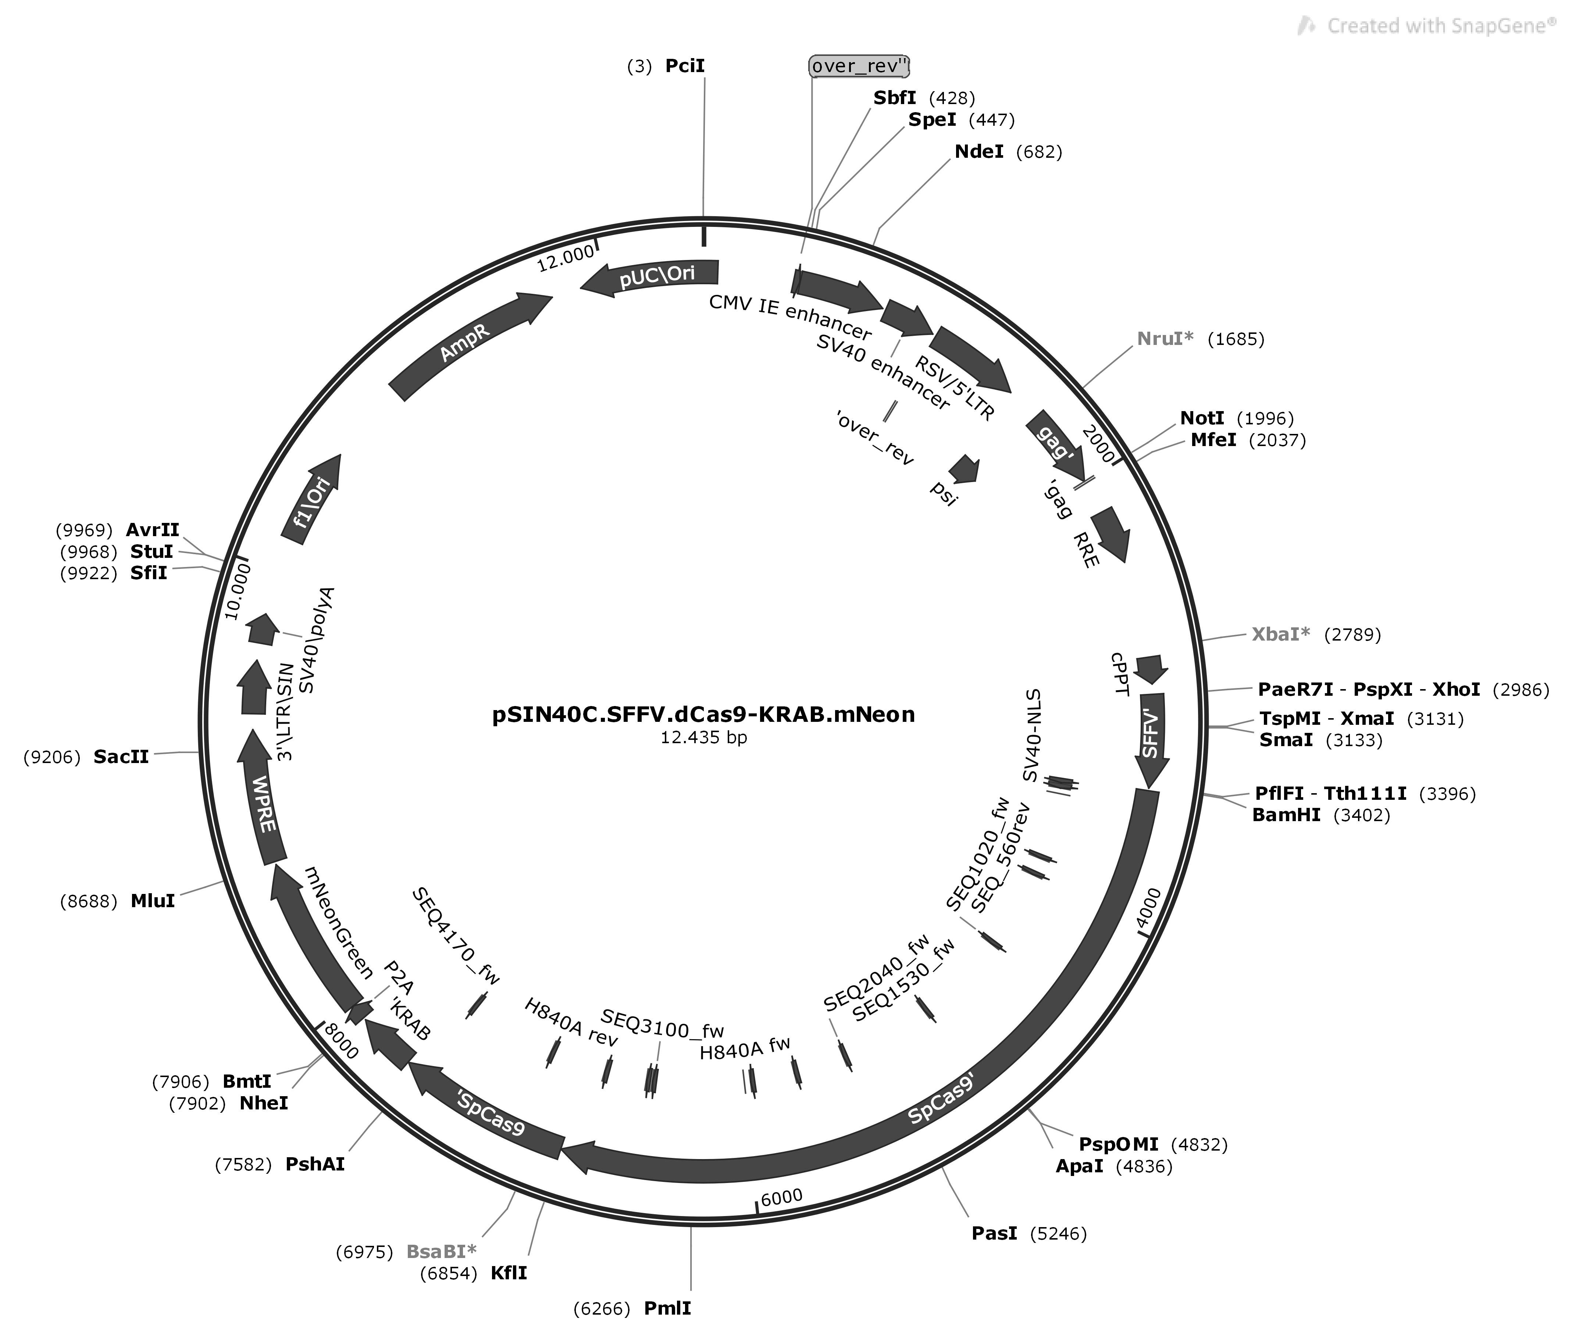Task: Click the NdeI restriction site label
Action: (979, 152)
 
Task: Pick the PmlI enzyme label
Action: (667, 1308)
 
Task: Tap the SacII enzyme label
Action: (121, 756)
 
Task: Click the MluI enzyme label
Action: (153, 901)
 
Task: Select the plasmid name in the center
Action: (703, 714)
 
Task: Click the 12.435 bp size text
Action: (703, 737)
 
